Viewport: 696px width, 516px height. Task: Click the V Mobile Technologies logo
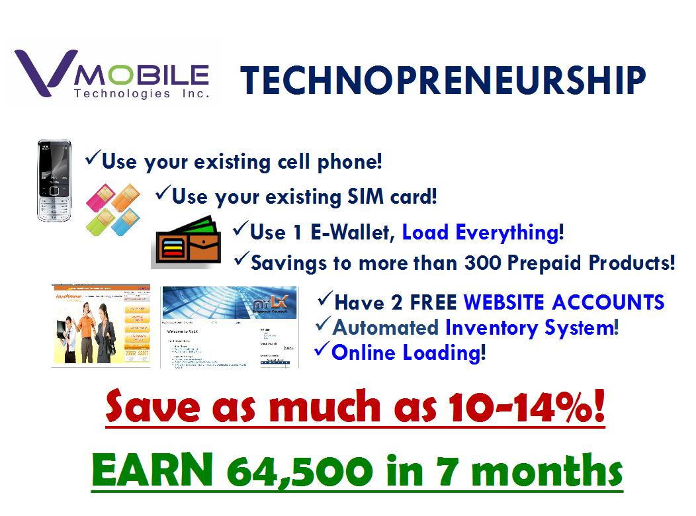112,75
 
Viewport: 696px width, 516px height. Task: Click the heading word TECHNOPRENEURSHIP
442,80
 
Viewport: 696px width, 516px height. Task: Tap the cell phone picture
54,180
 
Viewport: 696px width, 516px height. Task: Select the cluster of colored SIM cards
114,208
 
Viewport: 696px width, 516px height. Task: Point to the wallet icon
186,243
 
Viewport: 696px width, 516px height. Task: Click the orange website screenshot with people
101,326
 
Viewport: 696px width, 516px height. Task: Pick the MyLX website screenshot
229,327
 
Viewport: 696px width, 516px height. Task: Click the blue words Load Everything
480,232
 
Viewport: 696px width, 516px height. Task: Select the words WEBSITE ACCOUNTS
564,302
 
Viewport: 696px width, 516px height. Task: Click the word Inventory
500,327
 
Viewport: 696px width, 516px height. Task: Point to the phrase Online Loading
405,352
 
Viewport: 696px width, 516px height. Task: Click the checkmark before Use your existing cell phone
92,159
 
